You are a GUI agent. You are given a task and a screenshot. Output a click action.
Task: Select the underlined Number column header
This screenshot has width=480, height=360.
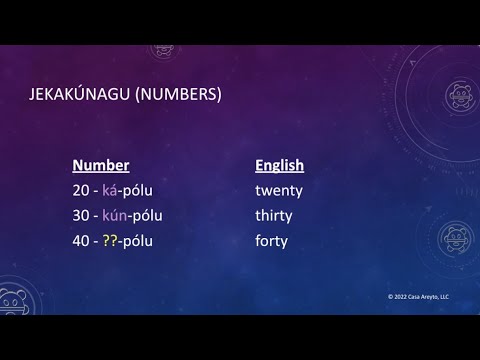coord(101,166)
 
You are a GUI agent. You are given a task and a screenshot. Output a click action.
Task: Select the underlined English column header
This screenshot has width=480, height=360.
coord(279,166)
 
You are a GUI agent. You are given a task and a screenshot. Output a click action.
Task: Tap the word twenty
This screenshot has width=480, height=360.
coord(279,190)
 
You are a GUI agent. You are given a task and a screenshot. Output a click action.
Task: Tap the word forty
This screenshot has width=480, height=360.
coord(271,241)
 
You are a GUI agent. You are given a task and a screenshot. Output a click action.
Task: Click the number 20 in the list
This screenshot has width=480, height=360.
coord(82,190)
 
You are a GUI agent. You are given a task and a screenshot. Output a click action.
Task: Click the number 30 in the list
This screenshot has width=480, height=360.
coord(82,215)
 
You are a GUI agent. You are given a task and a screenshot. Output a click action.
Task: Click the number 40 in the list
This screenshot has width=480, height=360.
coord(82,241)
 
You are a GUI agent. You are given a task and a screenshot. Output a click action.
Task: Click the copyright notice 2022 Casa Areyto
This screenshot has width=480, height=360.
coord(419,297)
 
